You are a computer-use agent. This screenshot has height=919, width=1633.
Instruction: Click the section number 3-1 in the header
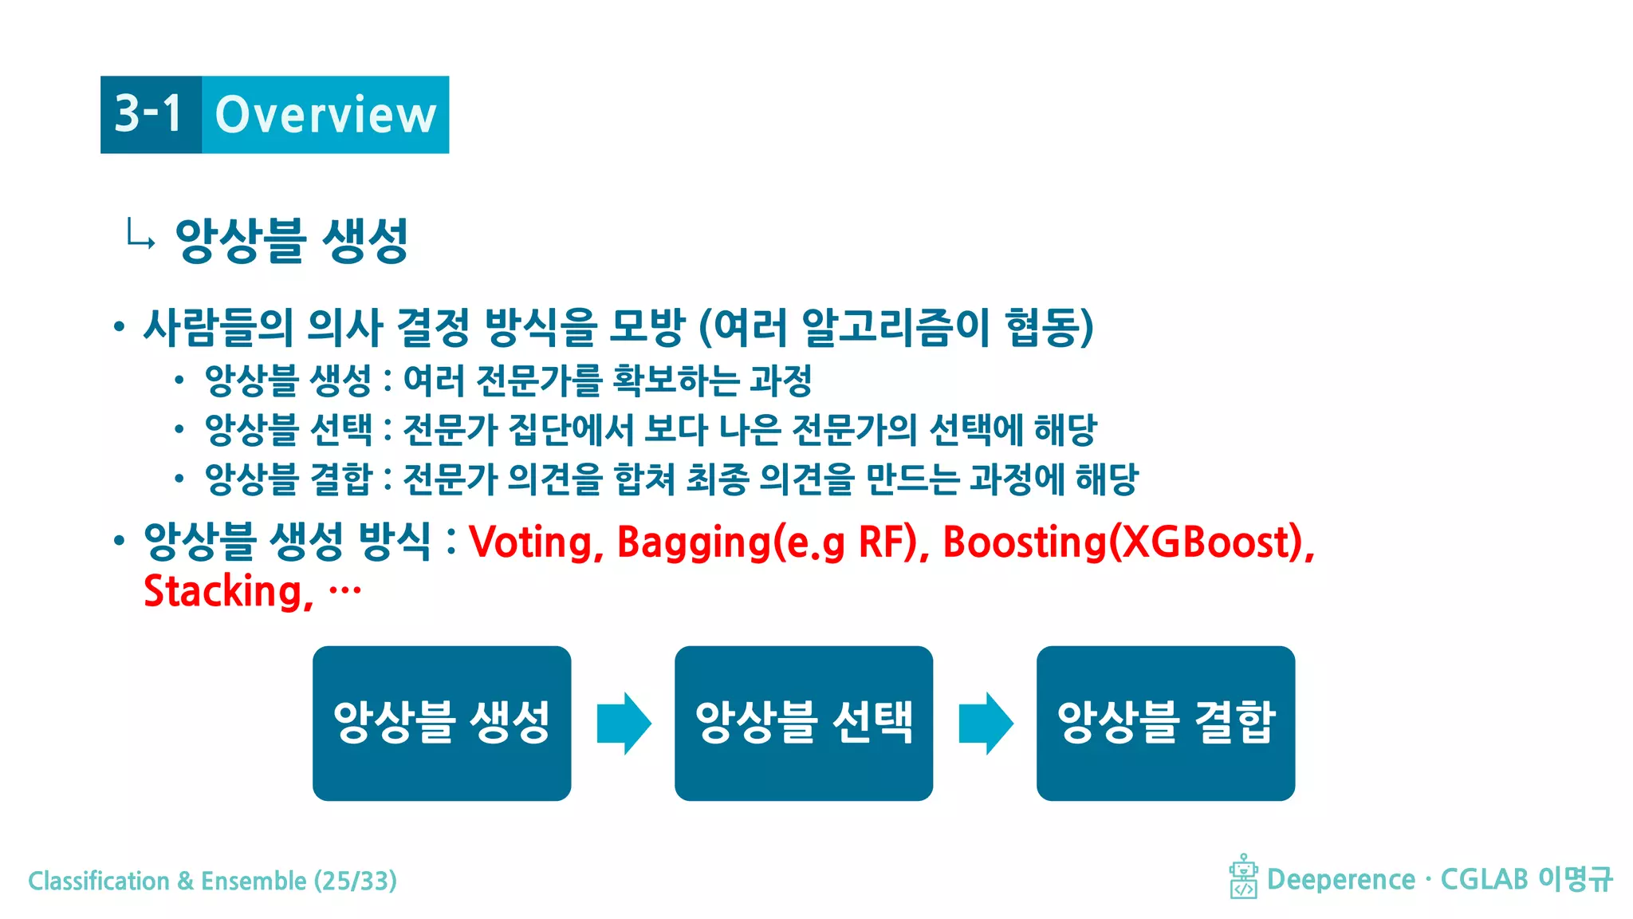click(x=149, y=114)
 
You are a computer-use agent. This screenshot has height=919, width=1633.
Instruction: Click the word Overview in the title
click(x=325, y=115)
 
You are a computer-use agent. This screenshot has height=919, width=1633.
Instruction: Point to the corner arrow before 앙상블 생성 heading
click(x=140, y=235)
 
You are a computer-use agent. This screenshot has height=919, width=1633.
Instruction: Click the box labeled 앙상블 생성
click(x=442, y=723)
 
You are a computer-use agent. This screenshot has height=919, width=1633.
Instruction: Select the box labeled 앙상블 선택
click(x=804, y=723)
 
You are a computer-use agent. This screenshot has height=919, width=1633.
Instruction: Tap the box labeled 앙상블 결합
click(x=1166, y=723)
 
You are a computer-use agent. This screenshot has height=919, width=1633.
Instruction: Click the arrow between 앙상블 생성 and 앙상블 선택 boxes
click(x=624, y=723)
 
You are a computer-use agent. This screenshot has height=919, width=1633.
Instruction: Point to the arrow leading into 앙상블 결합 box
click(x=986, y=723)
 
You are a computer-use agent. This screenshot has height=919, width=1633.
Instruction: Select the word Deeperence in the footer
click(x=1340, y=879)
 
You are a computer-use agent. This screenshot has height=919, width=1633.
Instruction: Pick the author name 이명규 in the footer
click(x=1575, y=879)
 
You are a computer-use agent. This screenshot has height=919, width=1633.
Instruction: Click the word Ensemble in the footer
click(x=254, y=881)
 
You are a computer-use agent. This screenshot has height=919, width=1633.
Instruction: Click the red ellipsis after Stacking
click(x=345, y=590)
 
